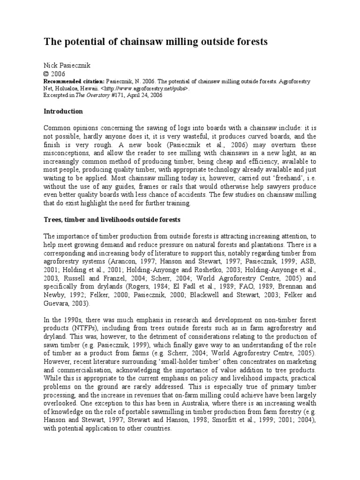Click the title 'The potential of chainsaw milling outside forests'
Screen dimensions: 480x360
click(156, 42)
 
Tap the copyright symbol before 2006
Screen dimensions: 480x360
click(46, 73)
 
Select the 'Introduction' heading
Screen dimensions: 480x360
click(63, 112)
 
